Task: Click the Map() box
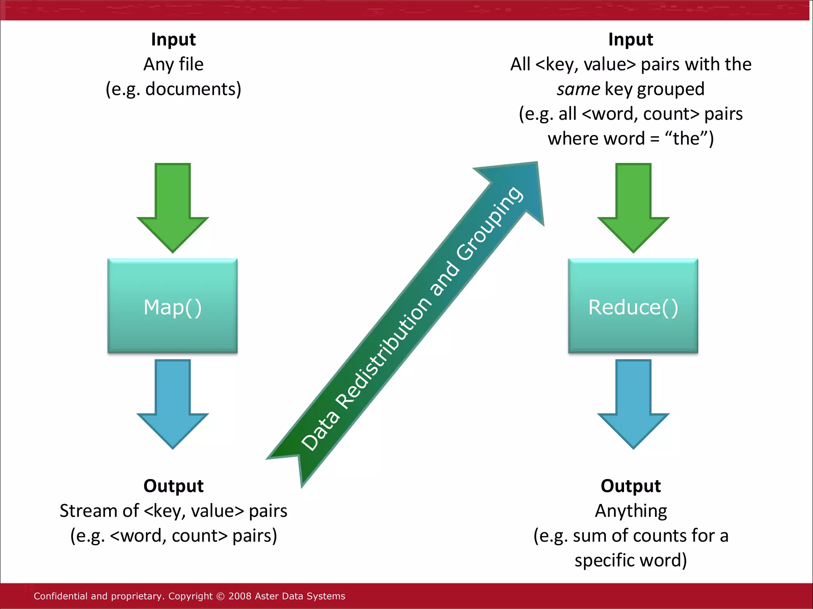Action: (172, 306)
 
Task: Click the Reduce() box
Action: (633, 306)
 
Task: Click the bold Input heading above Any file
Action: (173, 40)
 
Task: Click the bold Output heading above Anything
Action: (630, 486)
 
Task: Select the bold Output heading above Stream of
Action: (173, 486)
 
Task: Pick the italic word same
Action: (578, 89)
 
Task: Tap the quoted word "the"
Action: (687, 139)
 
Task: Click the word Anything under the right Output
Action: (631, 511)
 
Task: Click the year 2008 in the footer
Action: (240, 596)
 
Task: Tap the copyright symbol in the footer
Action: (221, 596)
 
